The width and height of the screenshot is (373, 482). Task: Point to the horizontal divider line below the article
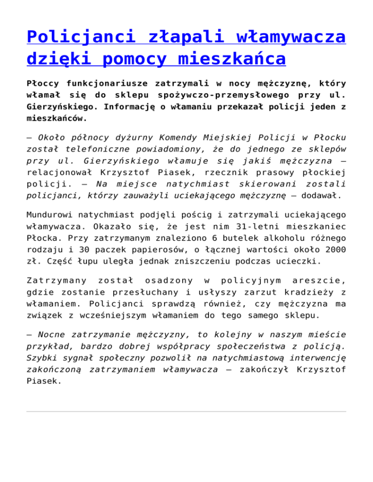[x=186, y=412]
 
